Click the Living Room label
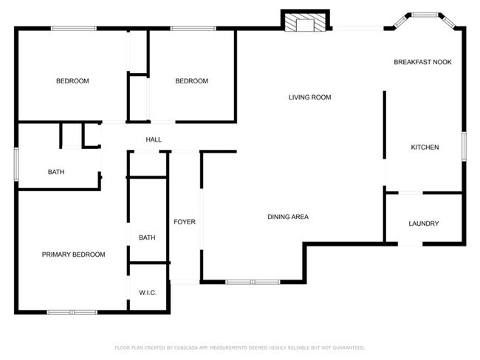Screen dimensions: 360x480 pyautogui.click(x=309, y=97)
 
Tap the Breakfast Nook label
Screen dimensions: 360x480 pyautogui.click(x=422, y=62)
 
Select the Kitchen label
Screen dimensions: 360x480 pyautogui.click(x=425, y=148)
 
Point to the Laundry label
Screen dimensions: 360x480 pyautogui.click(x=424, y=224)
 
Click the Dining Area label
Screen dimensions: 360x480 pyautogui.click(x=287, y=217)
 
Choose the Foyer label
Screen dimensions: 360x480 pyautogui.click(x=185, y=222)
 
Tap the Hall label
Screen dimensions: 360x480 pyautogui.click(x=154, y=139)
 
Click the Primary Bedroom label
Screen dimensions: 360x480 pyautogui.click(x=73, y=255)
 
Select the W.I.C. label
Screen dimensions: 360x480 pyautogui.click(x=148, y=293)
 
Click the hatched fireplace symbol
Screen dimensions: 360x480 pyautogui.click(x=305, y=24)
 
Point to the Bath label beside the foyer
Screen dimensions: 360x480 pyautogui.click(x=147, y=238)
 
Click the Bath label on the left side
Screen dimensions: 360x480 pyautogui.click(x=56, y=172)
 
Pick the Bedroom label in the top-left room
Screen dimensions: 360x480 pyautogui.click(x=72, y=81)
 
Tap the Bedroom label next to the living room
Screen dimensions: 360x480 pyautogui.click(x=191, y=81)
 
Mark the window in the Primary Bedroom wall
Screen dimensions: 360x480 pyautogui.click(x=72, y=311)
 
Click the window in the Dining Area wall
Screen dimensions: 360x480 pyautogui.click(x=252, y=282)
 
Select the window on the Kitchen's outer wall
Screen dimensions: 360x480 pyautogui.click(x=464, y=145)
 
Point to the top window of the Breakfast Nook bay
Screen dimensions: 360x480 pyautogui.click(x=425, y=14)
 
